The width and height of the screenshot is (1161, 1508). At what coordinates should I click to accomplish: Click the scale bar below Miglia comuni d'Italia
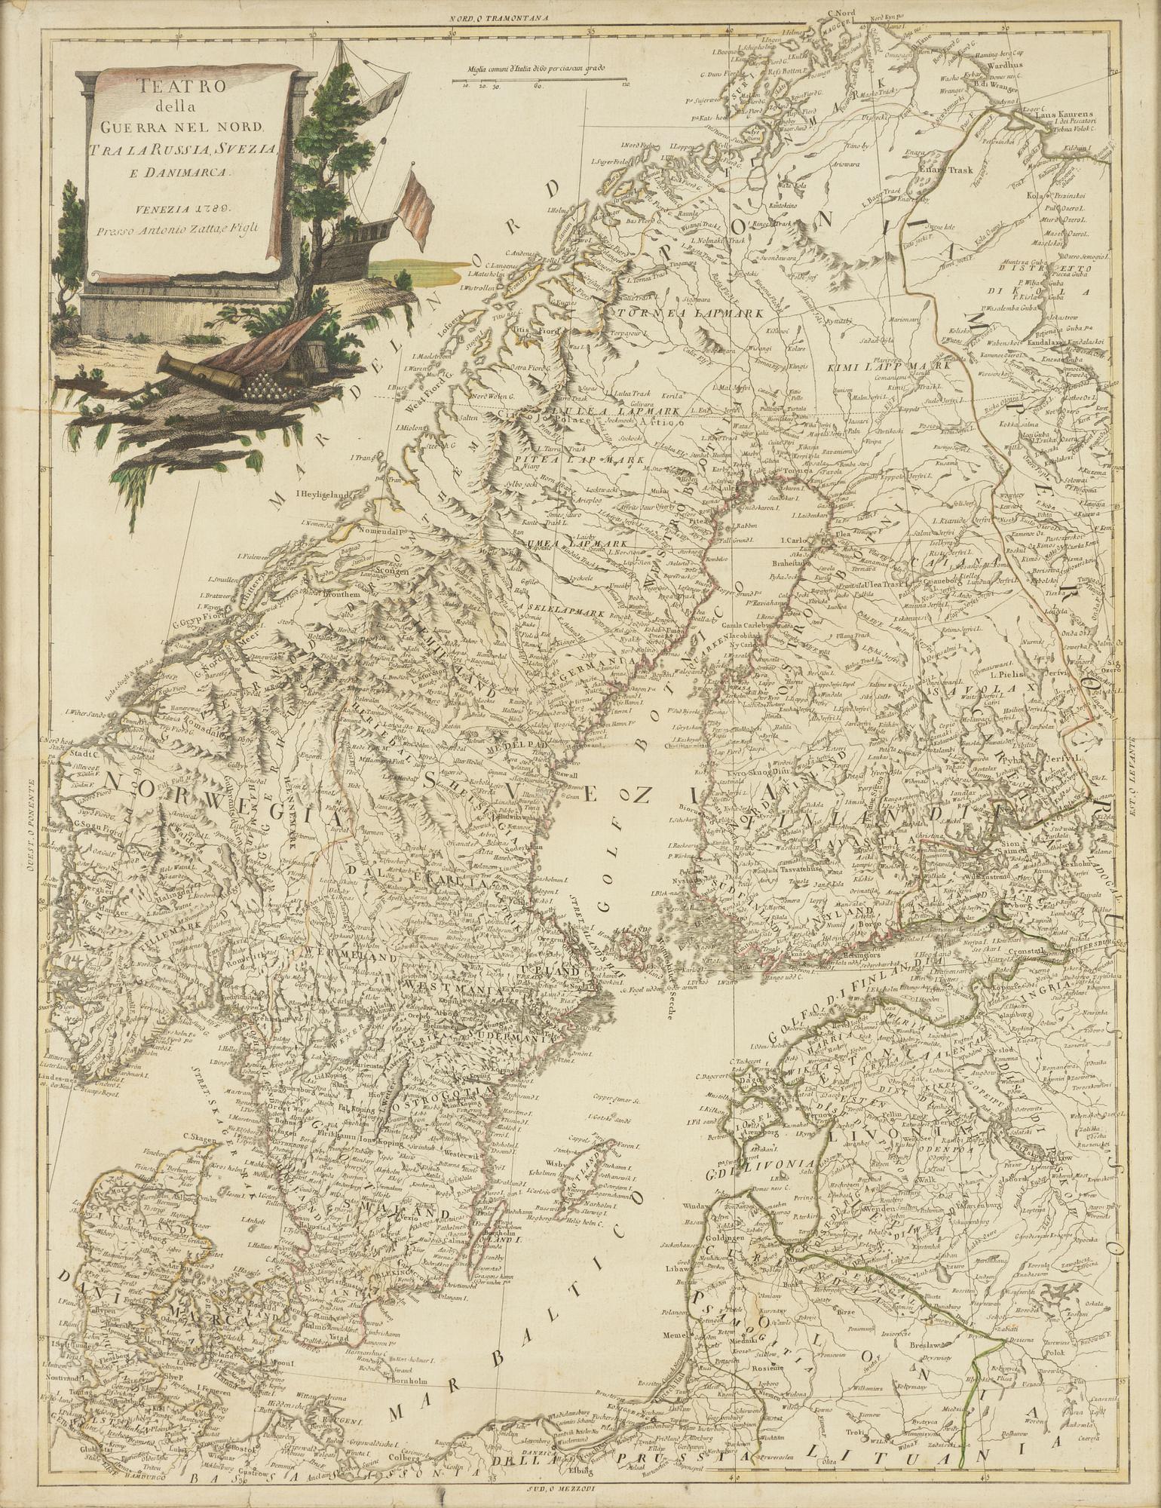pos(538,79)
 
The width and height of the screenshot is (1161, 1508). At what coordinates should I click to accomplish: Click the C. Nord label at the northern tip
pos(841,12)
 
